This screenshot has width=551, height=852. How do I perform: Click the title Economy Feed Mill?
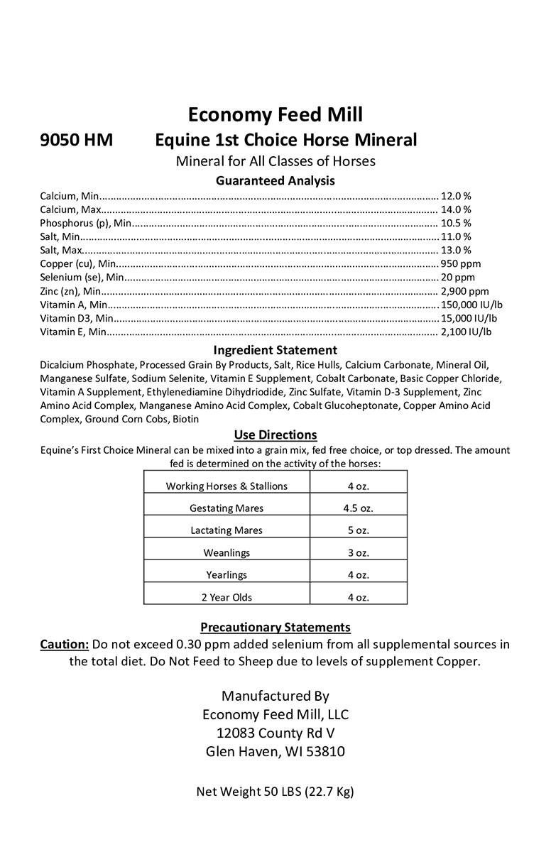tap(275, 114)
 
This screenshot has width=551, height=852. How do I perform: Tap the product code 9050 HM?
tap(76, 140)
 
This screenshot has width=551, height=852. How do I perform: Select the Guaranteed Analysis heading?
tap(275, 180)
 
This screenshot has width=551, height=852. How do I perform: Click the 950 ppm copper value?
tap(460, 263)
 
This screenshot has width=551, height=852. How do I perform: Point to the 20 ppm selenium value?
tap(457, 277)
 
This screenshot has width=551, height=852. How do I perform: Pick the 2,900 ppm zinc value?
tap(464, 290)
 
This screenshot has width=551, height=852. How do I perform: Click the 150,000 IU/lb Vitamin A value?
tap(471, 304)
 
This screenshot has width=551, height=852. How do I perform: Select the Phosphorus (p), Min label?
tap(85, 223)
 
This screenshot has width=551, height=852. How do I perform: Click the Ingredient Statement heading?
tap(275, 350)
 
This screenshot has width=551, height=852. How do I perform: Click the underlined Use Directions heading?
tap(275, 435)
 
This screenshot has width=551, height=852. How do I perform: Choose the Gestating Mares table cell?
tap(227, 508)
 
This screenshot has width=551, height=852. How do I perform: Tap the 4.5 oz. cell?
tap(359, 508)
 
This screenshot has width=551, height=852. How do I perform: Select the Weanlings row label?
tap(227, 552)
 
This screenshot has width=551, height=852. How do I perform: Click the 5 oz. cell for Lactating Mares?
tap(359, 530)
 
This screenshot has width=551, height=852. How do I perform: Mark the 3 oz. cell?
tap(359, 552)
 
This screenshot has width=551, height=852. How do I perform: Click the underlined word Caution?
tap(64, 645)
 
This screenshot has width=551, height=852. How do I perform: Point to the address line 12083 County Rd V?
tap(275, 733)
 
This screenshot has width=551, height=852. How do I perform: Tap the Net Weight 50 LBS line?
tap(275, 792)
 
